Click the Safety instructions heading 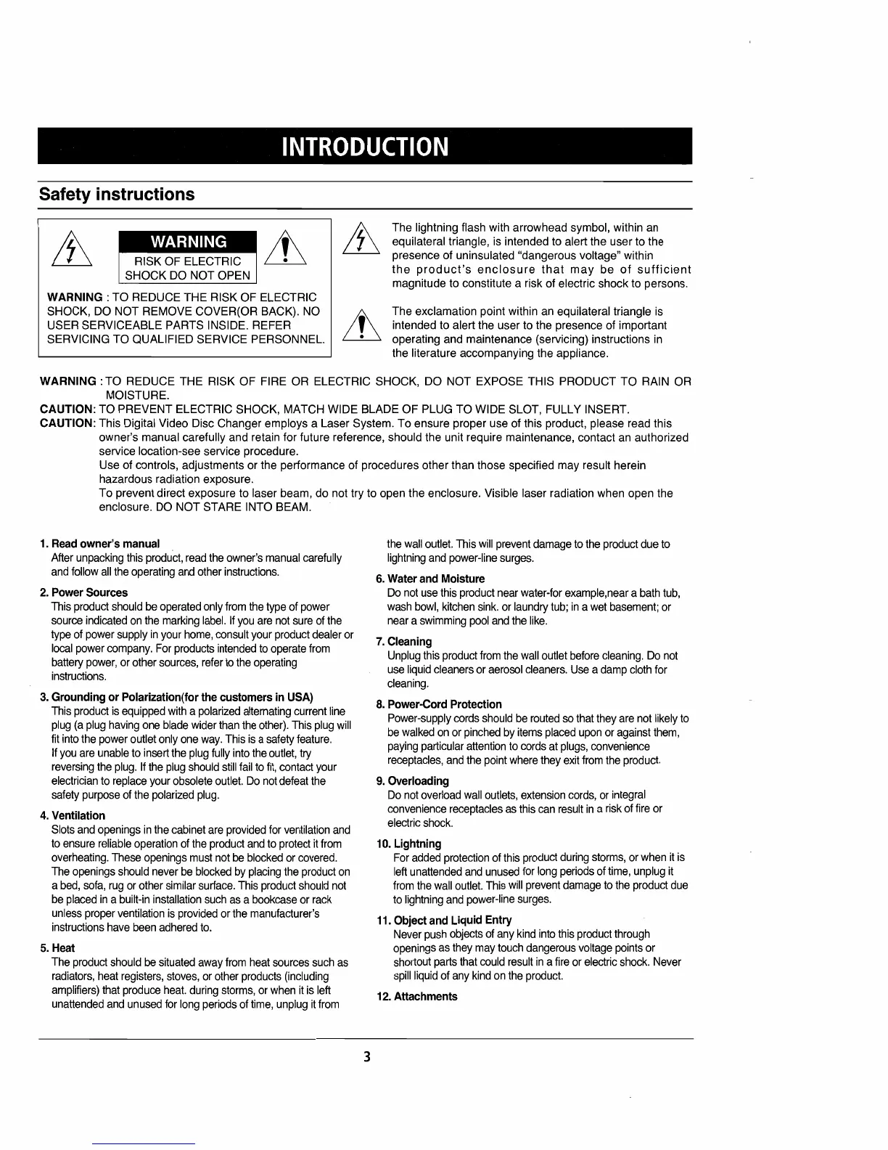click(117, 195)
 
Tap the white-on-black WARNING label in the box click(188, 241)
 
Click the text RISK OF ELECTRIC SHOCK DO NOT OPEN click(188, 268)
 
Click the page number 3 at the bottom click(367, 1056)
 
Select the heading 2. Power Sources click(84, 592)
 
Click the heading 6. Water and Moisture click(430, 579)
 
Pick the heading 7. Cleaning click(404, 641)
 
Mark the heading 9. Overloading click(412, 780)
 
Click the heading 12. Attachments click(417, 996)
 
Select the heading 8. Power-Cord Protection click(439, 704)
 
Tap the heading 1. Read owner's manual click(100, 543)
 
